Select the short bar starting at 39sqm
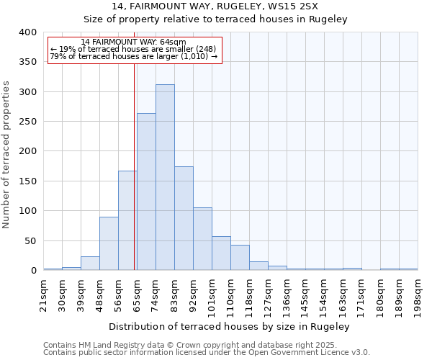point(90,264)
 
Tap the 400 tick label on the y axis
point(27,32)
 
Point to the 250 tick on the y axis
point(27,122)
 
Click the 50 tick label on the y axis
point(30,240)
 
